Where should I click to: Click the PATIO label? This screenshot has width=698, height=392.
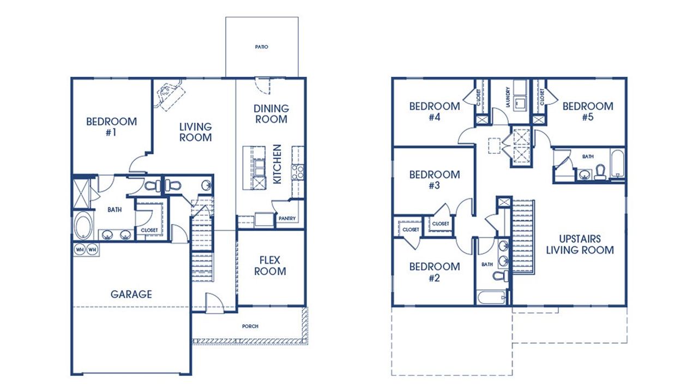(x=262, y=47)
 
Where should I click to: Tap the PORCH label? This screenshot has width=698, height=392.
(x=250, y=327)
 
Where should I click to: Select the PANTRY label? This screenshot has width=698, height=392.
(x=287, y=219)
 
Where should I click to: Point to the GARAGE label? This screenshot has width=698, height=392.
(x=131, y=294)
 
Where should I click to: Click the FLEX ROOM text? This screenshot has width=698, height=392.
(x=270, y=266)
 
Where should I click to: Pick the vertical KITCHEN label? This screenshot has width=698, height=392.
(x=277, y=164)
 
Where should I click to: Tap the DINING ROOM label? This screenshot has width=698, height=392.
(x=271, y=114)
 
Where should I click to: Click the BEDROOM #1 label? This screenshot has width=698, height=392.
(x=111, y=126)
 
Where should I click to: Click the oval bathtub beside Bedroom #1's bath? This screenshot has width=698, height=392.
(x=83, y=226)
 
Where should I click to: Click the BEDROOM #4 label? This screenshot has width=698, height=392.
(x=435, y=111)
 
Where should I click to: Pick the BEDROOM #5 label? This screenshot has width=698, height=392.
(x=587, y=111)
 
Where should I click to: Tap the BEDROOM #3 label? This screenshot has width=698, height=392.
(x=435, y=180)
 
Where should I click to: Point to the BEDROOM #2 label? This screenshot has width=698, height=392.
(x=435, y=272)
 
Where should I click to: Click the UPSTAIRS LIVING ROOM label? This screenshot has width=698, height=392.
(x=580, y=245)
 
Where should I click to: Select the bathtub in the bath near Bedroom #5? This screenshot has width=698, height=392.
(x=617, y=164)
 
